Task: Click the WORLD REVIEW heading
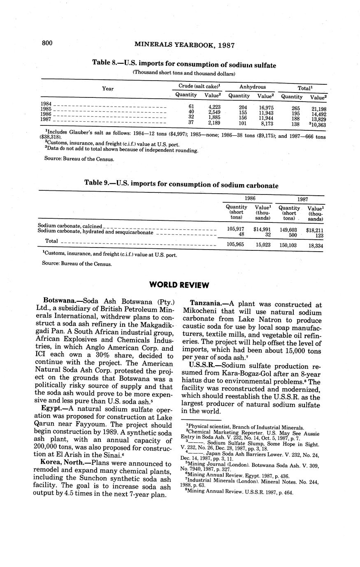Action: [x=179, y=285]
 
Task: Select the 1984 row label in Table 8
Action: [x=46, y=104]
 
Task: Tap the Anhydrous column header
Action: [x=253, y=87]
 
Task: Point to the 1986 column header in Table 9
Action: [x=250, y=198]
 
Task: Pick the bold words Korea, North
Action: [x=63, y=463]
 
